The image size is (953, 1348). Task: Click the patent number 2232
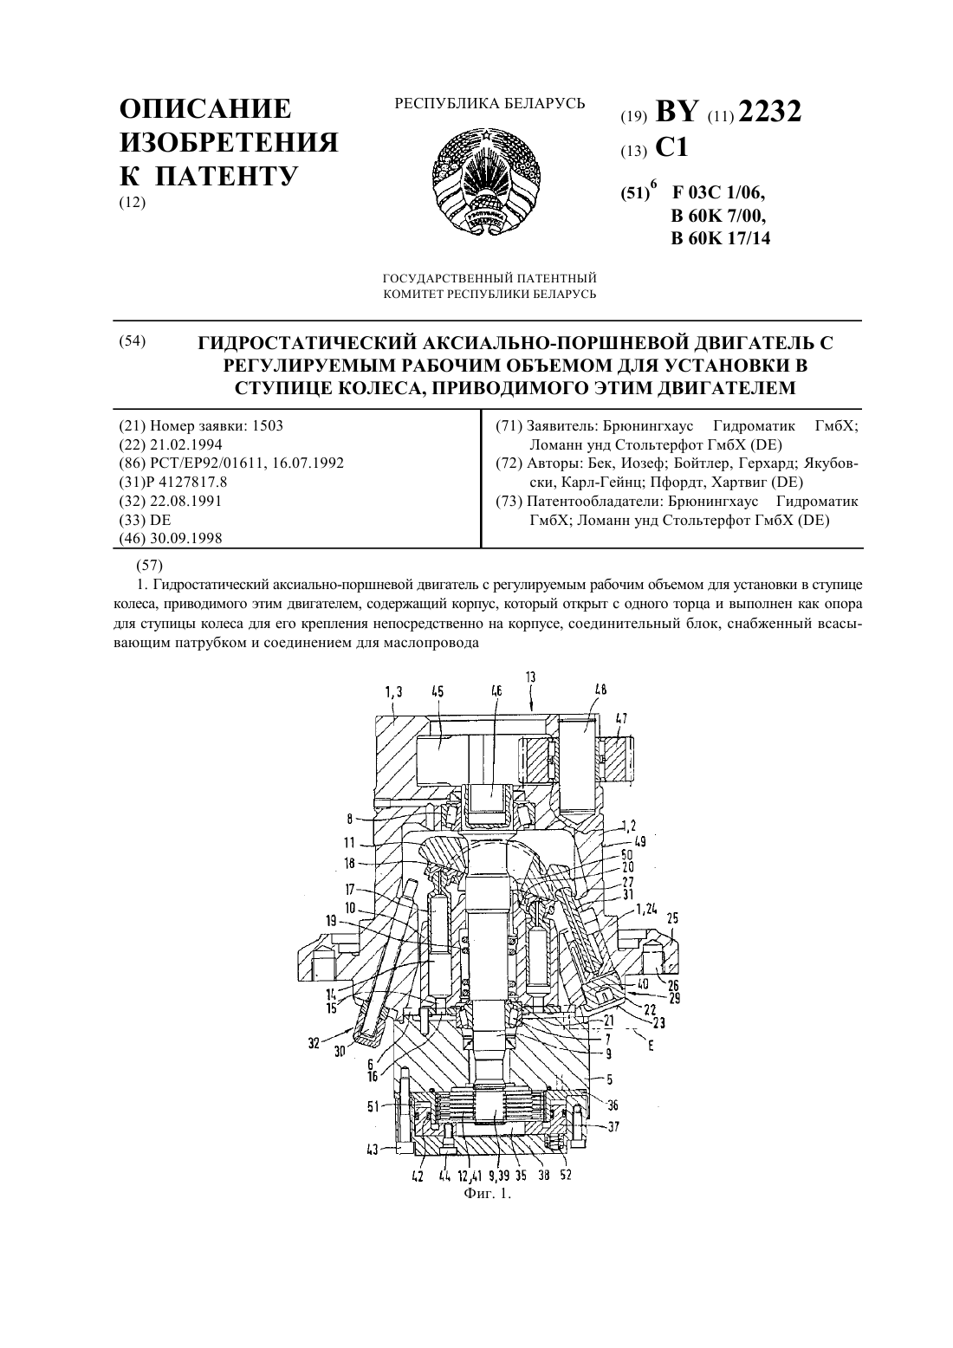pos(769,112)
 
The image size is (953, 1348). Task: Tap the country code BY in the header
pos(677,112)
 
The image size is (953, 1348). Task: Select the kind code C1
pos(671,147)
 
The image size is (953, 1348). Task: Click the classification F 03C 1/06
pos(718,193)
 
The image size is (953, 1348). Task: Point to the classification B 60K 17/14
pos(720,239)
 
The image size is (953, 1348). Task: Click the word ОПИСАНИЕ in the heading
pos(205,109)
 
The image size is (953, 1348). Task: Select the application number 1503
pos(268,426)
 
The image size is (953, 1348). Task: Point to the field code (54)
pos(133,341)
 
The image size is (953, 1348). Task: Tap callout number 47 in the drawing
pos(621,718)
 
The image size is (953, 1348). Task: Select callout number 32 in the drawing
pos(314,1044)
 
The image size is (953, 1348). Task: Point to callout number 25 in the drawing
pos(672,918)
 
